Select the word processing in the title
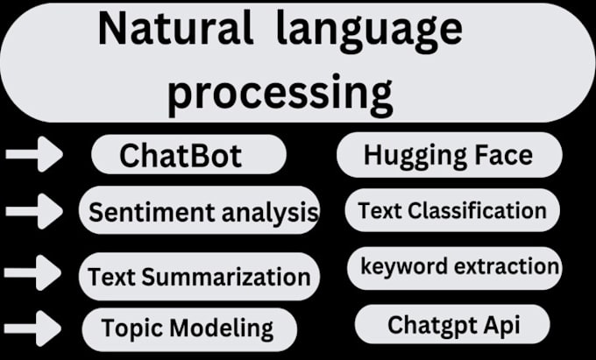(x=279, y=91)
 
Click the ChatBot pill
(x=188, y=156)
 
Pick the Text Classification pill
(x=452, y=211)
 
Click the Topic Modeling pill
(x=187, y=328)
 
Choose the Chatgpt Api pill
(x=453, y=325)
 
